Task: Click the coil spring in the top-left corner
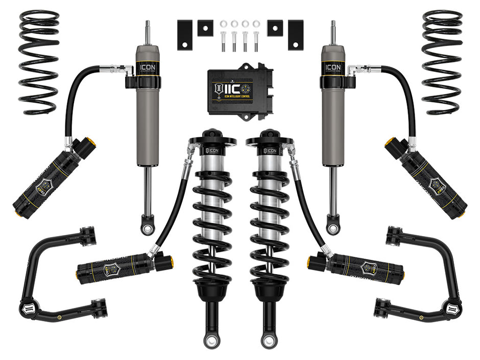(39, 61)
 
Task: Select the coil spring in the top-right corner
(442, 61)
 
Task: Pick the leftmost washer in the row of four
(223, 23)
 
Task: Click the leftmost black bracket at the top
(185, 35)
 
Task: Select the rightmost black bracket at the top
(295, 35)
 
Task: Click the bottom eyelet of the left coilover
(212, 340)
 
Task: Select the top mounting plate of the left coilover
(212, 139)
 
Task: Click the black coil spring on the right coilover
(270, 220)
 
